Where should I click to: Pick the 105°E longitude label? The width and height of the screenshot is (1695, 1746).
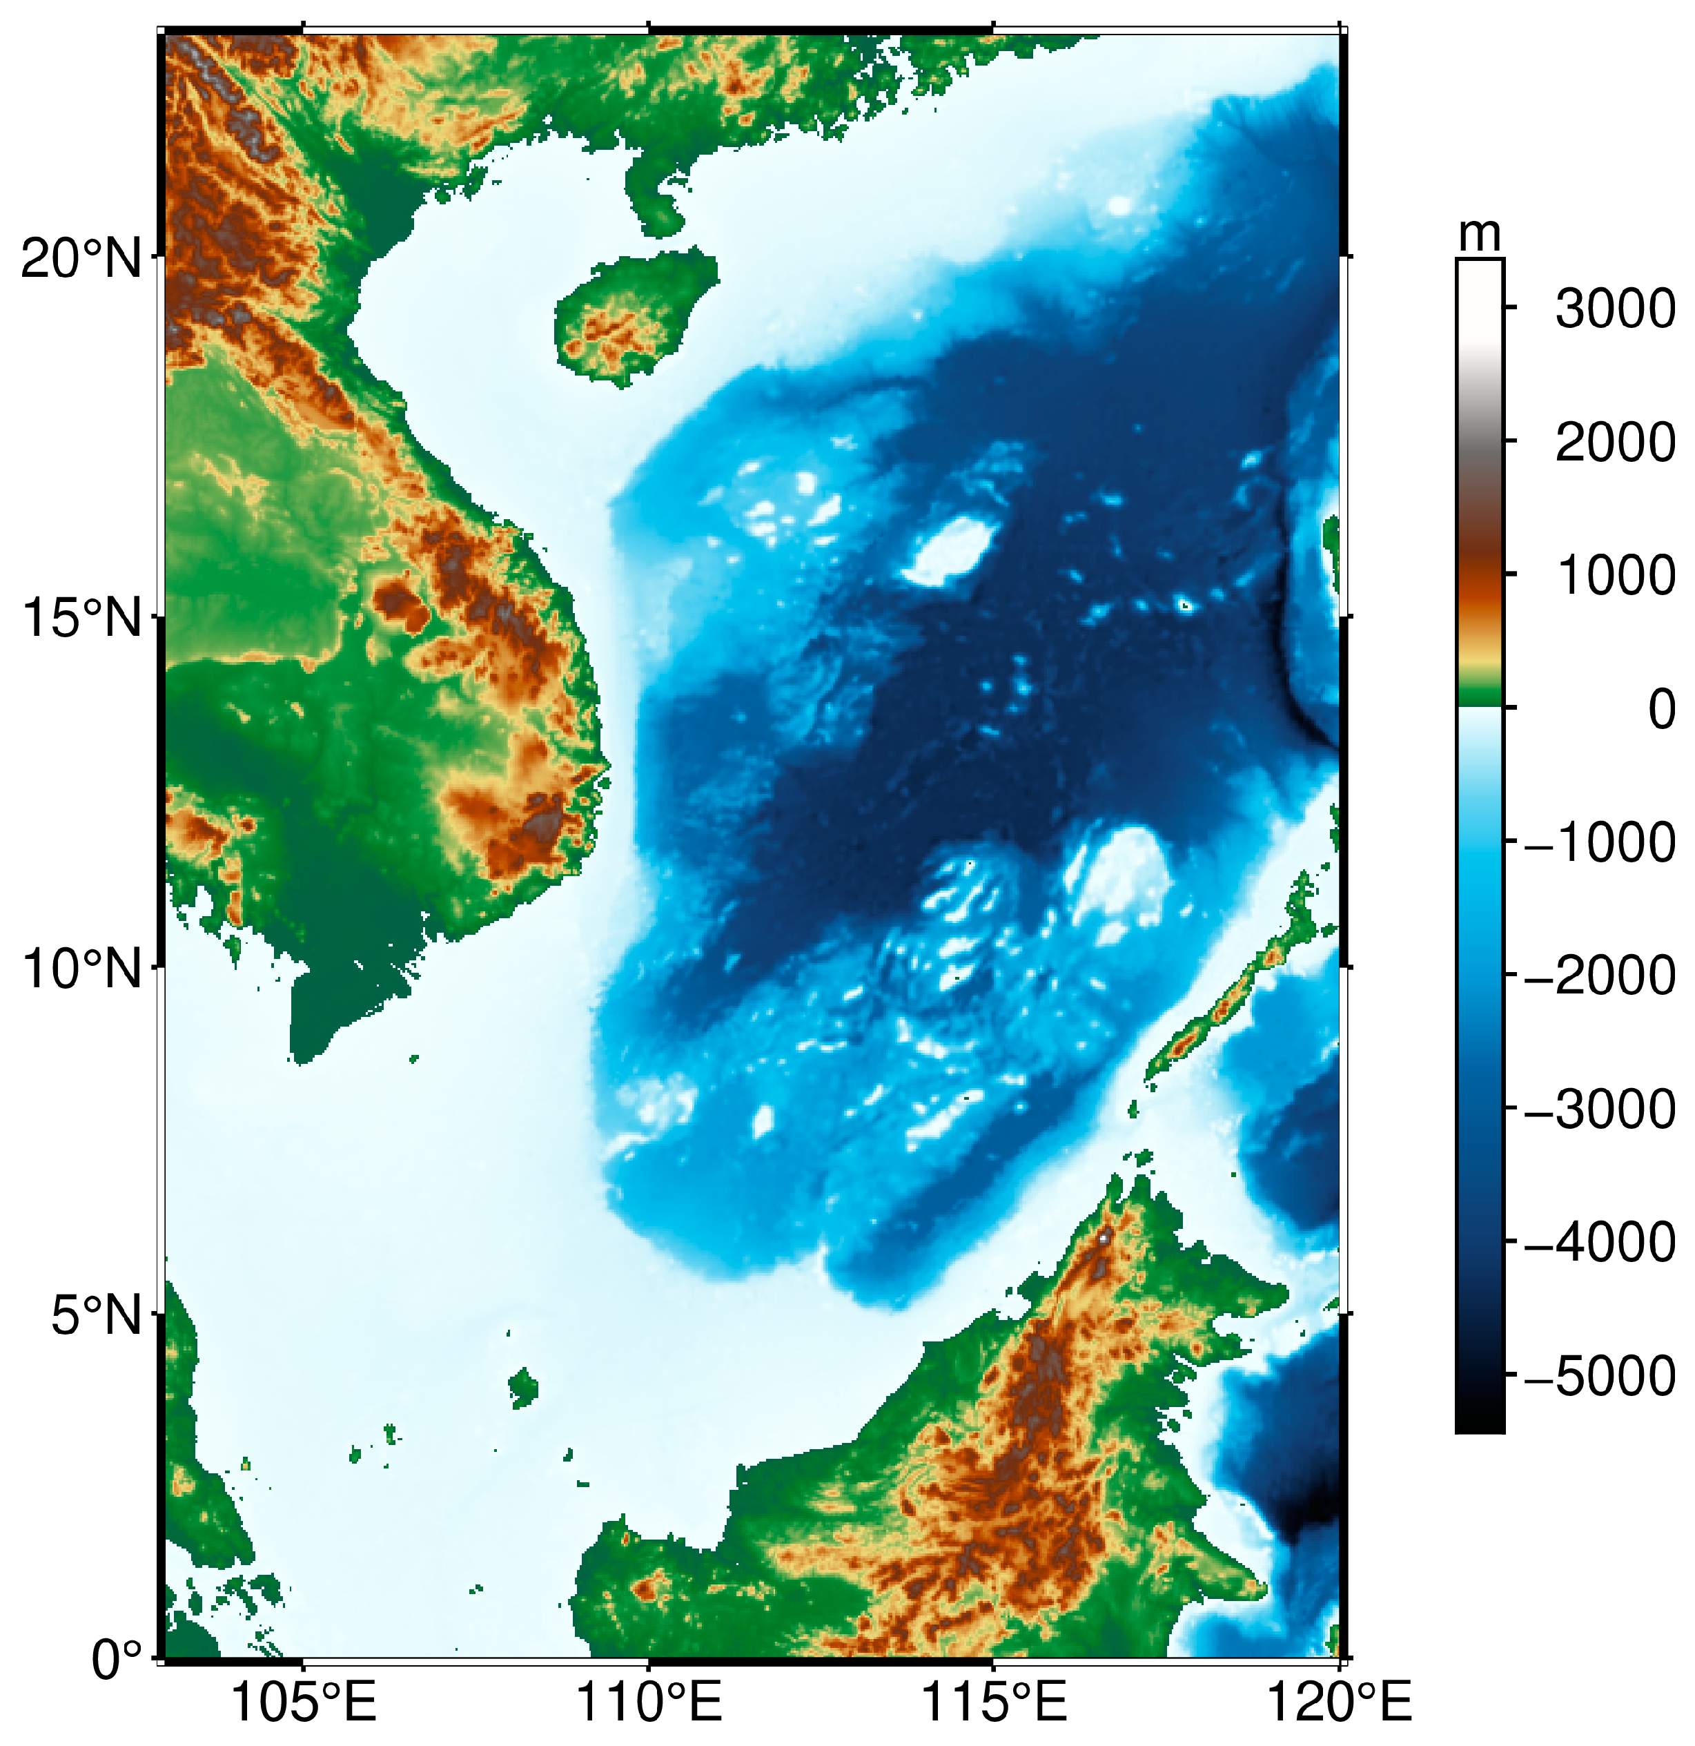[x=303, y=1703]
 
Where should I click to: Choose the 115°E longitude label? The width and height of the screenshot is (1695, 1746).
[x=993, y=1703]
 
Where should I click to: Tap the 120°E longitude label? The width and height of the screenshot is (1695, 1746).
[x=1339, y=1703]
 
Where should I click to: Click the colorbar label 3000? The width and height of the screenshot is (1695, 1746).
[x=1615, y=310]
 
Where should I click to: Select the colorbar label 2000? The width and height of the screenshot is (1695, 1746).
[x=1615, y=443]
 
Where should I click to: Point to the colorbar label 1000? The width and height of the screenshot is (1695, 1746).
[x=1615, y=576]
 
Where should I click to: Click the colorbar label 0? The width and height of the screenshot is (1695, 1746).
[x=1661, y=710]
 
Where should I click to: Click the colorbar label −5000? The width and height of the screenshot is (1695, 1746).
[x=1600, y=1377]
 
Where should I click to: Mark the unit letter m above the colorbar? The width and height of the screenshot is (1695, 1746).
[x=1480, y=234]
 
